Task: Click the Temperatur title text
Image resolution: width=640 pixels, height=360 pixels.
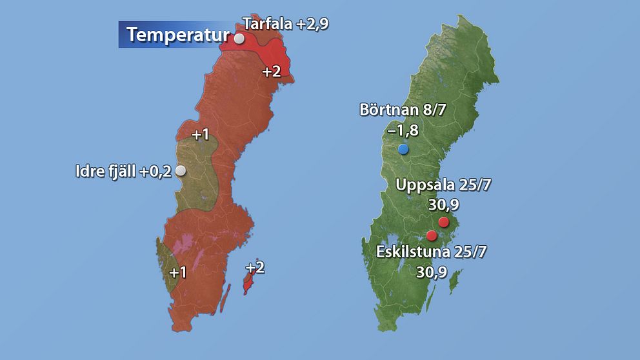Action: click(178, 34)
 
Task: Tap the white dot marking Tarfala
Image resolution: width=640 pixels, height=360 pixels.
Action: click(239, 39)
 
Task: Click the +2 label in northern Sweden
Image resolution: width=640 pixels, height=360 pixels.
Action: click(271, 72)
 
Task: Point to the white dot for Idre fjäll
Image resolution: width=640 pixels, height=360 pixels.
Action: click(181, 170)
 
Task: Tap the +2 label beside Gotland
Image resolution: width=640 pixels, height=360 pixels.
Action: click(255, 267)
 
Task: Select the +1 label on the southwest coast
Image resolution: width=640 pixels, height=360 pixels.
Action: click(177, 272)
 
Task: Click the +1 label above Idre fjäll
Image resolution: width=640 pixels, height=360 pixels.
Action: click(201, 135)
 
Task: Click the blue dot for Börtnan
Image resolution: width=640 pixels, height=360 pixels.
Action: click(403, 150)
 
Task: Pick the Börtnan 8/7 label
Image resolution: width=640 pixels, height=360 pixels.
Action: click(403, 110)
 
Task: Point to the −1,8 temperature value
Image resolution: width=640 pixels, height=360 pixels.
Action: click(403, 130)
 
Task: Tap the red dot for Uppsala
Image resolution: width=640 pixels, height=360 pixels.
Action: click(443, 223)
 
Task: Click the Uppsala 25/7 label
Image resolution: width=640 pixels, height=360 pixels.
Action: click(443, 185)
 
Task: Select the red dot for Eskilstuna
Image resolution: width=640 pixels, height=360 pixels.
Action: click(432, 235)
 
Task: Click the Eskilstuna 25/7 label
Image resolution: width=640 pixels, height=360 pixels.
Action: click(431, 252)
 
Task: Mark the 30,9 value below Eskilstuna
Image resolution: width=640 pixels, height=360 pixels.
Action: click(432, 272)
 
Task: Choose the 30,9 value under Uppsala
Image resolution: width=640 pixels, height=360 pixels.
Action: click(444, 205)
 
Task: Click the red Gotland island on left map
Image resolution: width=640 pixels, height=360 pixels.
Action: click(247, 283)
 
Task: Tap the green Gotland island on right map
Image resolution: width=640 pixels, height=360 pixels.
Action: click(455, 280)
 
